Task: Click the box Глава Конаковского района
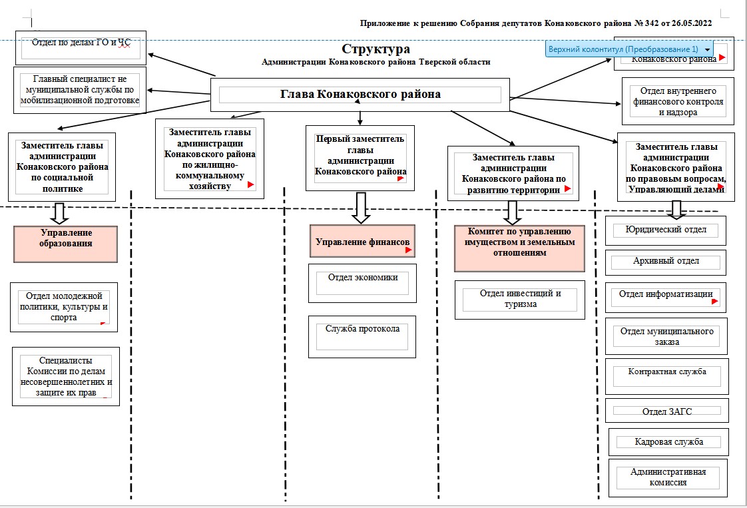(360, 95)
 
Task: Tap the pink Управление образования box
(66, 244)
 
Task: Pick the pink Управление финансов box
(362, 241)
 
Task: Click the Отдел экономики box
(363, 282)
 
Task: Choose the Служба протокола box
(363, 336)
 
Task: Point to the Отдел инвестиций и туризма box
(520, 299)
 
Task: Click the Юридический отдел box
(665, 230)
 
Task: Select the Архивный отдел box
(665, 262)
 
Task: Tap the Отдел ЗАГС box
(667, 411)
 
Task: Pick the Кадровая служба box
(668, 441)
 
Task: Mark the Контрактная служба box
(667, 377)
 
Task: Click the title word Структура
(376, 49)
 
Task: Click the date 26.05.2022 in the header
(687, 23)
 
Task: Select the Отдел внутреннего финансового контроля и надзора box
(678, 101)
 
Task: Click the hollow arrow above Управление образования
(58, 212)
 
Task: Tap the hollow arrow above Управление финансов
(361, 208)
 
